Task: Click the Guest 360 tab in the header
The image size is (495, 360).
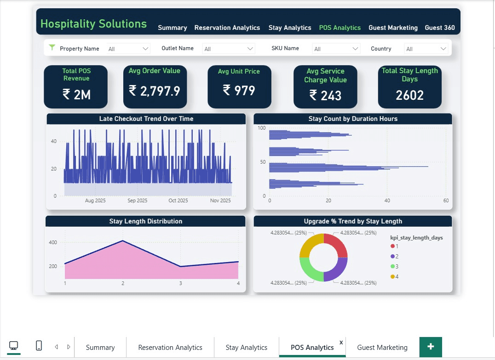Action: pos(439,28)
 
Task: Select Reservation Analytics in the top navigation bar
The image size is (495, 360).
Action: pos(227,28)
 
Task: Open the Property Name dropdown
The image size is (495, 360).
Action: pos(128,49)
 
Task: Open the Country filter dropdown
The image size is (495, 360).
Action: pos(426,49)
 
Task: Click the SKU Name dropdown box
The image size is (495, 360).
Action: pos(336,49)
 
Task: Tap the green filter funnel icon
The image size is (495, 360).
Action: pos(52,48)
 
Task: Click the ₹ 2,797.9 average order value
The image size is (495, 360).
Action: pos(154,91)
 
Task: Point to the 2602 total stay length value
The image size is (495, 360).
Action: pos(409,95)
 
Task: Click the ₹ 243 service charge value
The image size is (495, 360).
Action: pos(325,95)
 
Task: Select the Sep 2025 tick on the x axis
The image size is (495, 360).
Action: pos(137,200)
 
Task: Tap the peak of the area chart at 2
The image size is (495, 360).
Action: pos(122,240)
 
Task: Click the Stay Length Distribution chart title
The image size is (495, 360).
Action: pos(146,221)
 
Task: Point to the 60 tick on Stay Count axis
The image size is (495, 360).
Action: pos(445,200)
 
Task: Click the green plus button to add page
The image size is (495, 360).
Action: pos(431,347)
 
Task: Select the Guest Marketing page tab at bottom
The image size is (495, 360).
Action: pos(382,348)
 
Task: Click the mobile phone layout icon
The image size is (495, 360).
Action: pos(39,346)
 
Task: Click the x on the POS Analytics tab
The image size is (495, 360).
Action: pos(341,343)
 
